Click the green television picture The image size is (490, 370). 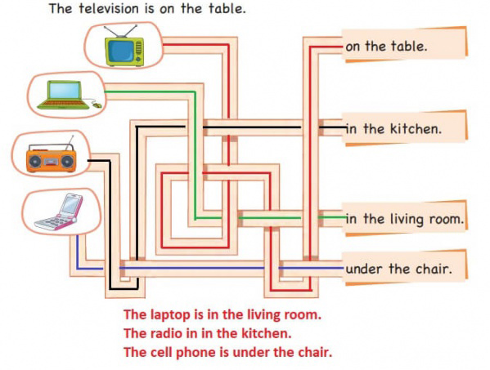[x=124, y=46]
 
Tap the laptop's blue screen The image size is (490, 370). [x=65, y=91]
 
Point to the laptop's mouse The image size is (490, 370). [x=97, y=105]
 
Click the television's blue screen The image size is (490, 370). [x=121, y=51]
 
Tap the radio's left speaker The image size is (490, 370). [x=34, y=161]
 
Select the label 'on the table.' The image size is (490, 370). [x=386, y=47]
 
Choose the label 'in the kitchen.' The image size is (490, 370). [x=393, y=128]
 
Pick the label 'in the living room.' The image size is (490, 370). [x=405, y=219]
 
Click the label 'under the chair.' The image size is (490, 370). [x=398, y=269]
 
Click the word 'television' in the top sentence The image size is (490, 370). [x=109, y=8]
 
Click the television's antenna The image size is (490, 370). [x=120, y=31]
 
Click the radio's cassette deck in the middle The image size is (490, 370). [x=51, y=161]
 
